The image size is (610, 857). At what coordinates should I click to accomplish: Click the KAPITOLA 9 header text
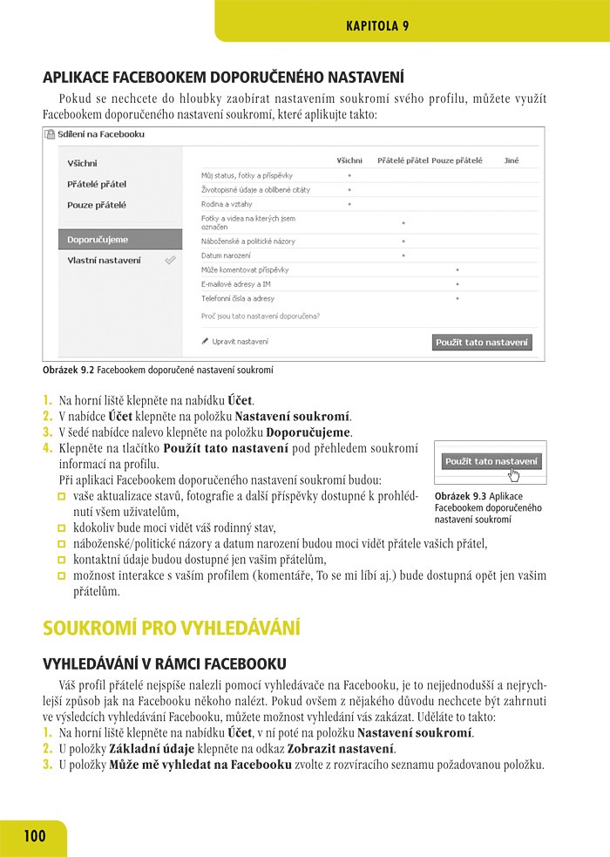pyautogui.click(x=377, y=25)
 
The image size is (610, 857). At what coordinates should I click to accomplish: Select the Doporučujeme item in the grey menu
pyautogui.click(x=98, y=239)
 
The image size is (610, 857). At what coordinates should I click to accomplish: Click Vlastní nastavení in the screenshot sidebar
pyautogui.click(x=104, y=260)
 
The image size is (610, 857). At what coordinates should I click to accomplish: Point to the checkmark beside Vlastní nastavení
pyautogui.click(x=171, y=260)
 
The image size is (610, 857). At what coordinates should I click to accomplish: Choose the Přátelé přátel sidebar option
pyautogui.click(x=97, y=184)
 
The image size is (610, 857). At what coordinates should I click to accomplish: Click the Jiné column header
pyautogui.click(x=512, y=160)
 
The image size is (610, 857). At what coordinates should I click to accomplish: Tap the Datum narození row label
pyautogui.click(x=226, y=255)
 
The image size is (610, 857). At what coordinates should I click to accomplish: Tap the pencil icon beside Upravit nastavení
pyautogui.click(x=205, y=342)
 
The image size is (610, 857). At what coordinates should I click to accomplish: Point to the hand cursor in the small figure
pyautogui.click(x=514, y=475)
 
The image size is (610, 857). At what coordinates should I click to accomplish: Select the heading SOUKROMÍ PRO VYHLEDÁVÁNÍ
pyautogui.click(x=172, y=628)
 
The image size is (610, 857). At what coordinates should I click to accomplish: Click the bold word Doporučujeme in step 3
pyautogui.click(x=308, y=432)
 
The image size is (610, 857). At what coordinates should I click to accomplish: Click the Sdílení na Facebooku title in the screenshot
pyautogui.click(x=102, y=135)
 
